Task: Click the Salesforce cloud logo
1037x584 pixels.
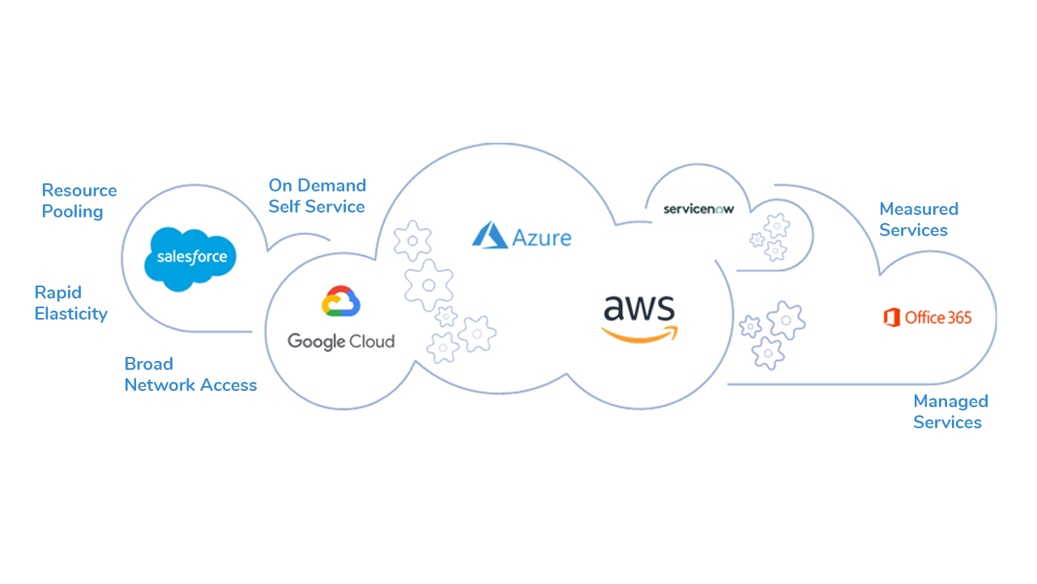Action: [x=190, y=258]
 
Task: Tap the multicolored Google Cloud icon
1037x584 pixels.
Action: [x=341, y=302]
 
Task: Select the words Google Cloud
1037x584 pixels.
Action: [x=341, y=341]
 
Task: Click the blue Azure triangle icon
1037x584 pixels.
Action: [x=489, y=235]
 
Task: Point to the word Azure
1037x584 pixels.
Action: [x=542, y=238]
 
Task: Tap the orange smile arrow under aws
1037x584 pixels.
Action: [x=640, y=333]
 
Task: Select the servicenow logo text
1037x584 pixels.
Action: [x=698, y=208]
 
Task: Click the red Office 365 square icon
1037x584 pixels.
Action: [x=892, y=317]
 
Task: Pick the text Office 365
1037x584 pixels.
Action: [x=938, y=317]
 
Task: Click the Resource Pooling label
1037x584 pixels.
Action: [x=79, y=201]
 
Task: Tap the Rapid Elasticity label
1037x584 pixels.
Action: [x=71, y=303]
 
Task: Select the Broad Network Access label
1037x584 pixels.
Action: [x=190, y=375]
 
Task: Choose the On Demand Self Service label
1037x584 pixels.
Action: [x=317, y=196]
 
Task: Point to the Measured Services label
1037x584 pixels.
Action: [x=919, y=220]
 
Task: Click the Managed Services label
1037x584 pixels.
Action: [x=950, y=412]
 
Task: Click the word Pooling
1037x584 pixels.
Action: [x=73, y=213]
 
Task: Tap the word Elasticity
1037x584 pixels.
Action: [x=71, y=314]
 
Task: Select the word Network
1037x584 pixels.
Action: [x=157, y=385]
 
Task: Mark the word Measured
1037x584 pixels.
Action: [x=919, y=209]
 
